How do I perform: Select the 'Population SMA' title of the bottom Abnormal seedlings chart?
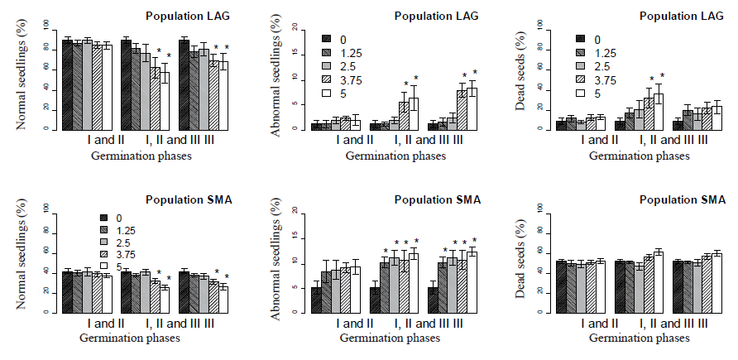point(438,199)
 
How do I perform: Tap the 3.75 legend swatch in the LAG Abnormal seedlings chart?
point(328,80)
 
